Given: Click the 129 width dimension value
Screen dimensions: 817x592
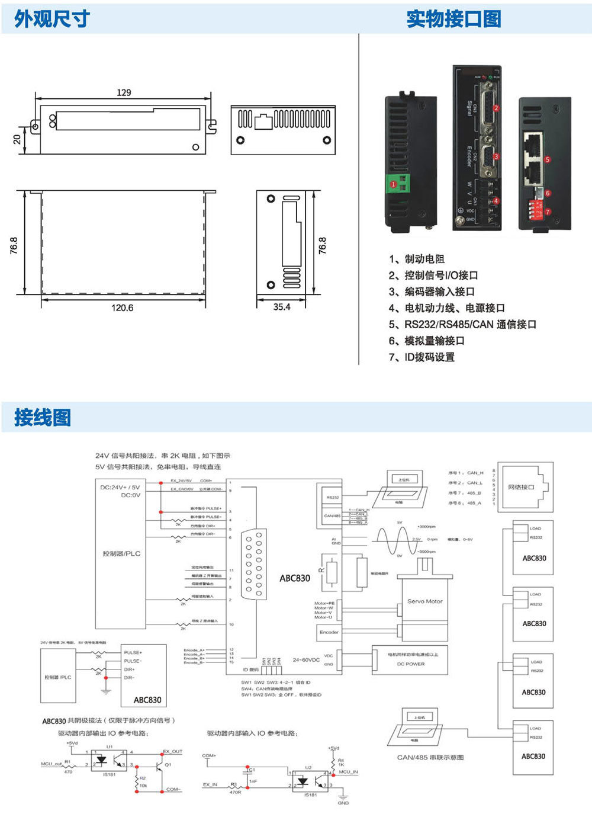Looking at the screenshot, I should [x=124, y=92].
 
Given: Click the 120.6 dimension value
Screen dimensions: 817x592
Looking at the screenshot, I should [x=123, y=307].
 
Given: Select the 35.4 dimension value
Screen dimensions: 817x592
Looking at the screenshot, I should [x=282, y=307].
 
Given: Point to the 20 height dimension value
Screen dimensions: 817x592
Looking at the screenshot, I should [x=17, y=139].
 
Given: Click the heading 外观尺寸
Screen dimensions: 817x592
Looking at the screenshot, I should [x=52, y=19].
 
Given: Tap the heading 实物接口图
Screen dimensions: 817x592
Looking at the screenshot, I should [x=453, y=19].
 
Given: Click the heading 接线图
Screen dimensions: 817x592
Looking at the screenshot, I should [x=43, y=417].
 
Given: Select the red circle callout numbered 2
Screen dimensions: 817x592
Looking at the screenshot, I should [x=496, y=108].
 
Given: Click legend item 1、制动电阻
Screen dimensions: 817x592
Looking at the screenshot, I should [x=417, y=259].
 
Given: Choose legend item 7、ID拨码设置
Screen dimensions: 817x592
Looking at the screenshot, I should [x=422, y=357].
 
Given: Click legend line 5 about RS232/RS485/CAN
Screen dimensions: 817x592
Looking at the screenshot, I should [x=462, y=324].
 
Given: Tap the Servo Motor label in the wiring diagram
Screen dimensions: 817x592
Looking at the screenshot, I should [x=424, y=601].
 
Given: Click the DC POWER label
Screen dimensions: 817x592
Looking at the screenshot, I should [x=411, y=664].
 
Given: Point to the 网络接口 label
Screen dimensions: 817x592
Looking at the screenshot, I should [x=521, y=487].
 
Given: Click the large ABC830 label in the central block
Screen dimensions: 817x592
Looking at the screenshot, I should [x=295, y=578].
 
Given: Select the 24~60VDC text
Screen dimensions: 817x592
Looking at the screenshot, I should [x=306, y=659].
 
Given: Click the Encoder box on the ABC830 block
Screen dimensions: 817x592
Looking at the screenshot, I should [x=329, y=632].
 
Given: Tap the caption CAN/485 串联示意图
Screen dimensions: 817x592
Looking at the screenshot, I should [x=430, y=757].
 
